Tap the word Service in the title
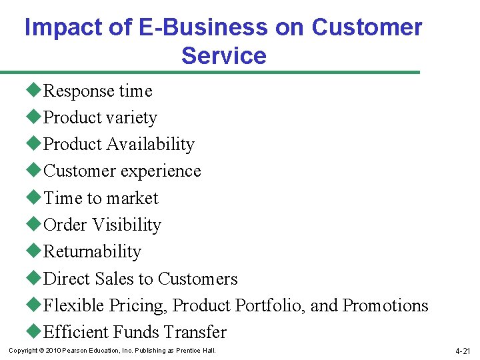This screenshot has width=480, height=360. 223,55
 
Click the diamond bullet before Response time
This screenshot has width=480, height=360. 35,91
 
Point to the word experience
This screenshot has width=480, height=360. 159,171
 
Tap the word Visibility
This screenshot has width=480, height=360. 127,225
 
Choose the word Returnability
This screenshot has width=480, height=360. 92,251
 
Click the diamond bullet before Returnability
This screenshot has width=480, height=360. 35,251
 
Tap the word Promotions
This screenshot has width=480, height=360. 385,305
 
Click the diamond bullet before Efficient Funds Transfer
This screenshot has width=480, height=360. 35,332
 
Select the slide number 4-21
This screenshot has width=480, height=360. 463,351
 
